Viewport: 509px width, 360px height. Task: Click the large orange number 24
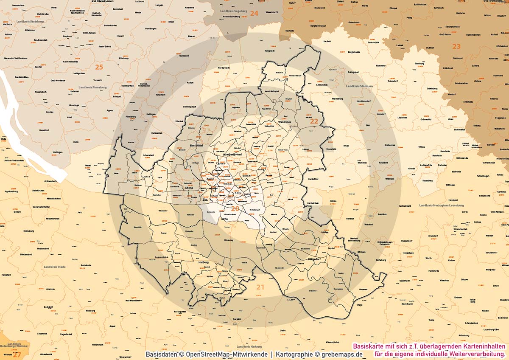pyautogui.click(x=254, y=14)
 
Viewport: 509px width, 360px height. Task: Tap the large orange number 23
pyautogui.click(x=456, y=46)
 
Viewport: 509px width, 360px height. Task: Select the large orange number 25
pyautogui.click(x=99, y=67)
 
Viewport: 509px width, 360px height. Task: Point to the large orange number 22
pyautogui.click(x=314, y=121)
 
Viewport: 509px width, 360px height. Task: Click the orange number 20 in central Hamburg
pyautogui.click(x=235, y=208)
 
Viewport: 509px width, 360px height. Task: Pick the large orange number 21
pyautogui.click(x=260, y=287)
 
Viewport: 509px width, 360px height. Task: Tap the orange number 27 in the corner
pyautogui.click(x=17, y=354)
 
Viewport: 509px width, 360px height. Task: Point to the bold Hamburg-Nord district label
pyautogui.click(x=232, y=156)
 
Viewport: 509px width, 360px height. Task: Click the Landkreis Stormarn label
pyautogui.click(x=359, y=86)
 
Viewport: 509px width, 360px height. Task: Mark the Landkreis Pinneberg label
pyautogui.click(x=94, y=87)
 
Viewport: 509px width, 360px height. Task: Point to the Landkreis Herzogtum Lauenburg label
pyautogui.click(x=440, y=205)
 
